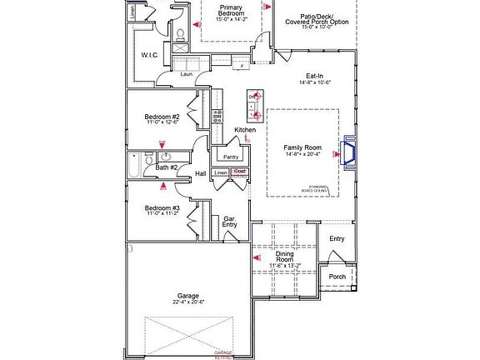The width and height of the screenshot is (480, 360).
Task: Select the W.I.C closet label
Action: pyautogui.click(x=150, y=56)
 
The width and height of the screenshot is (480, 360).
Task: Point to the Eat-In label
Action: pyautogui.click(x=316, y=76)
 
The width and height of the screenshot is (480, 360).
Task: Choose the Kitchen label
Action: pyautogui.click(x=244, y=130)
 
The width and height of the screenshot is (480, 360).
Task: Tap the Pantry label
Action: pyautogui.click(x=230, y=156)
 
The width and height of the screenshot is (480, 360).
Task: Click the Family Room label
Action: pyautogui.click(x=302, y=147)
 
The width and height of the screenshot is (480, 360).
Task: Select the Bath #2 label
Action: pyautogui.click(x=167, y=167)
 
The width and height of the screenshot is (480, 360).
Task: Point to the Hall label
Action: pyautogui.click(x=200, y=173)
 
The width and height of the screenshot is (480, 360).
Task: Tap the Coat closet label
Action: pyautogui.click(x=240, y=172)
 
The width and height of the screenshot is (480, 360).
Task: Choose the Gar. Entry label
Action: pyautogui.click(x=231, y=222)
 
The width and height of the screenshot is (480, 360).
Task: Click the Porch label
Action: pyautogui.click(x=336, y=277)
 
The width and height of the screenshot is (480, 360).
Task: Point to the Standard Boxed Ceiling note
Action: pyautogui.click(x=317, y=188)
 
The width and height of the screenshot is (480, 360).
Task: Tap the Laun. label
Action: pyautogui.click(x=187, y=73)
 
